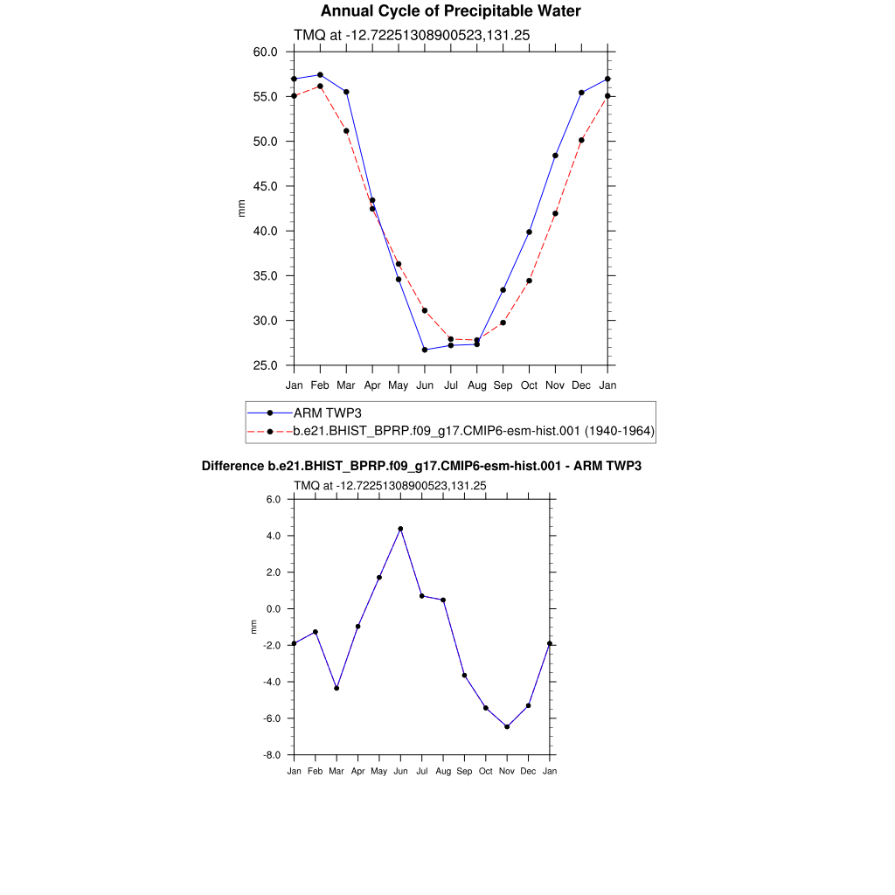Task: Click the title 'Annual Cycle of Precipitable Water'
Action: [x=450, y=11]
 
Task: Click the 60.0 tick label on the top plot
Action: [x=266, y=52]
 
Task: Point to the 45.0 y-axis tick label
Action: [x=266, y=186]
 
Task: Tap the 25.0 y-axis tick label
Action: [x=266, y=365]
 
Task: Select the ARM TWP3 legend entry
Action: [x=328, y=413]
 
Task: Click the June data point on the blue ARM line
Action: [x=425, y=350]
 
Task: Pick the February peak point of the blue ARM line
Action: [x=320, y=75]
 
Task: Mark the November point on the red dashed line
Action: [x=555, y=213]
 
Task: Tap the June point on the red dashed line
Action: [x=425, y=310]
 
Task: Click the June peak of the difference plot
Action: [x=400, y=529]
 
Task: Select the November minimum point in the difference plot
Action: [x=507, y=726]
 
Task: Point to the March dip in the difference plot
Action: [x=336, y=688]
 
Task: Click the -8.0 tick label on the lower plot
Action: [x=273, y=755]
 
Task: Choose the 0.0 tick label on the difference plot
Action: [x=274, y=609]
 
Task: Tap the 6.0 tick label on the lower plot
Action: [x=274, y=499]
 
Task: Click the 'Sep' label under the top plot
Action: [x=503, y=385]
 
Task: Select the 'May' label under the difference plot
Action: [x=378, y=771]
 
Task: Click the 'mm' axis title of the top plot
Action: [x=242, y=208]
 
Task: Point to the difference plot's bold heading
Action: [x=421, y=466]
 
